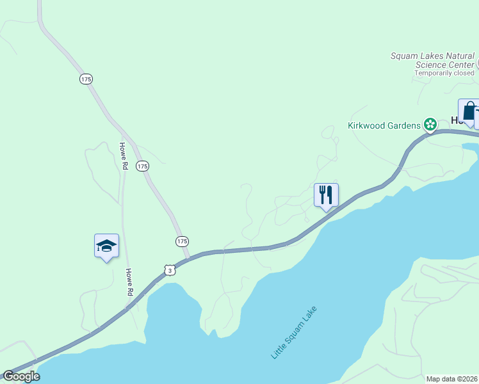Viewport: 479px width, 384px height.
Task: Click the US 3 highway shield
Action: (x=169, y=271)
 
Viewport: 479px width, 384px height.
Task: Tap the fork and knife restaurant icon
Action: (x=326, y=195)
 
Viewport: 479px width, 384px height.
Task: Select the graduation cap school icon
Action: (x=106, y=245)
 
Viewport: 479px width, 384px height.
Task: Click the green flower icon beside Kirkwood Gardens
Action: (x=430, y=124)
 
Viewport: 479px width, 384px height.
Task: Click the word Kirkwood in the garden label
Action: (x=368, y=125)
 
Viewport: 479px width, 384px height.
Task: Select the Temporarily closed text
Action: (x=444, y=73)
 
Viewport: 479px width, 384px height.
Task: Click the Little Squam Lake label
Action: (x=294, y=332)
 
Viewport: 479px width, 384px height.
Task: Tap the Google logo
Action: (x=21, y=376)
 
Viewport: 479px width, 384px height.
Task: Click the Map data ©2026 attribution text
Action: (x=451, y=379)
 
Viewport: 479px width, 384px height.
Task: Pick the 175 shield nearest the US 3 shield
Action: (x=182, y=241)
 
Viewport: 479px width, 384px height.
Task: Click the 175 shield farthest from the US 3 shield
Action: (x=86, y=79)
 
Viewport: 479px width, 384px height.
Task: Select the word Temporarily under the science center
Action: (x=434, y=73)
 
